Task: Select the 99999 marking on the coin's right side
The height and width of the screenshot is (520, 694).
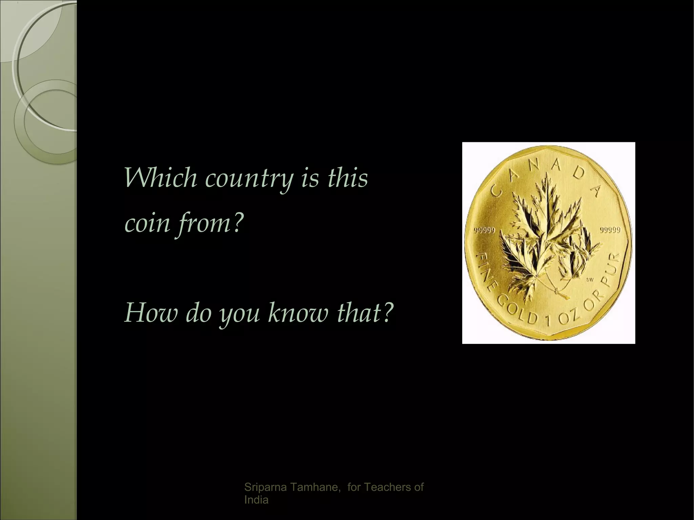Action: pos(610,230)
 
